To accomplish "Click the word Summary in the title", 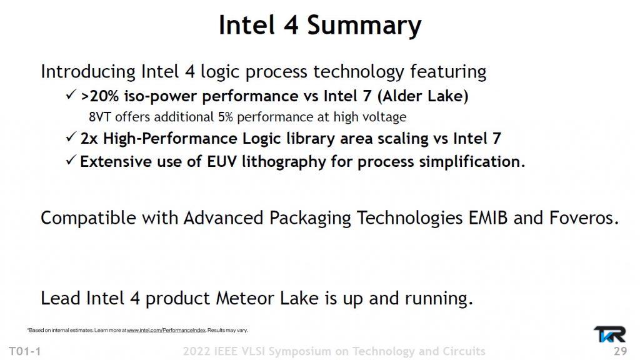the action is pos(364,26).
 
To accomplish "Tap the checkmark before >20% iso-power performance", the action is pos(71,95).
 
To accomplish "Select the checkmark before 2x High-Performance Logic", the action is pos(71,137).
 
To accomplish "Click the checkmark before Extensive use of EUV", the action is pos(71,160).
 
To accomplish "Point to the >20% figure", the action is pos(99,96).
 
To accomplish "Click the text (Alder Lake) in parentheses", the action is pos(422,96).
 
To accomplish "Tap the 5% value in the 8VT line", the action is pos(225,117).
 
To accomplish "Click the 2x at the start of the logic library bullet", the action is pos(89,139).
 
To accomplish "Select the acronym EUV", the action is pos(222,162).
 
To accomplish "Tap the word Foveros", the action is pos(584,217).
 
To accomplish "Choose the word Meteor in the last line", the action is pos(245,298).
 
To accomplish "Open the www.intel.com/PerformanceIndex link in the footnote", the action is pos(166,330).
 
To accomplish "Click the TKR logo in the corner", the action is pos(609,334).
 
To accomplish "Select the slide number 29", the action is pos(621,351).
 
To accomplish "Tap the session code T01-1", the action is pos(25,351).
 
